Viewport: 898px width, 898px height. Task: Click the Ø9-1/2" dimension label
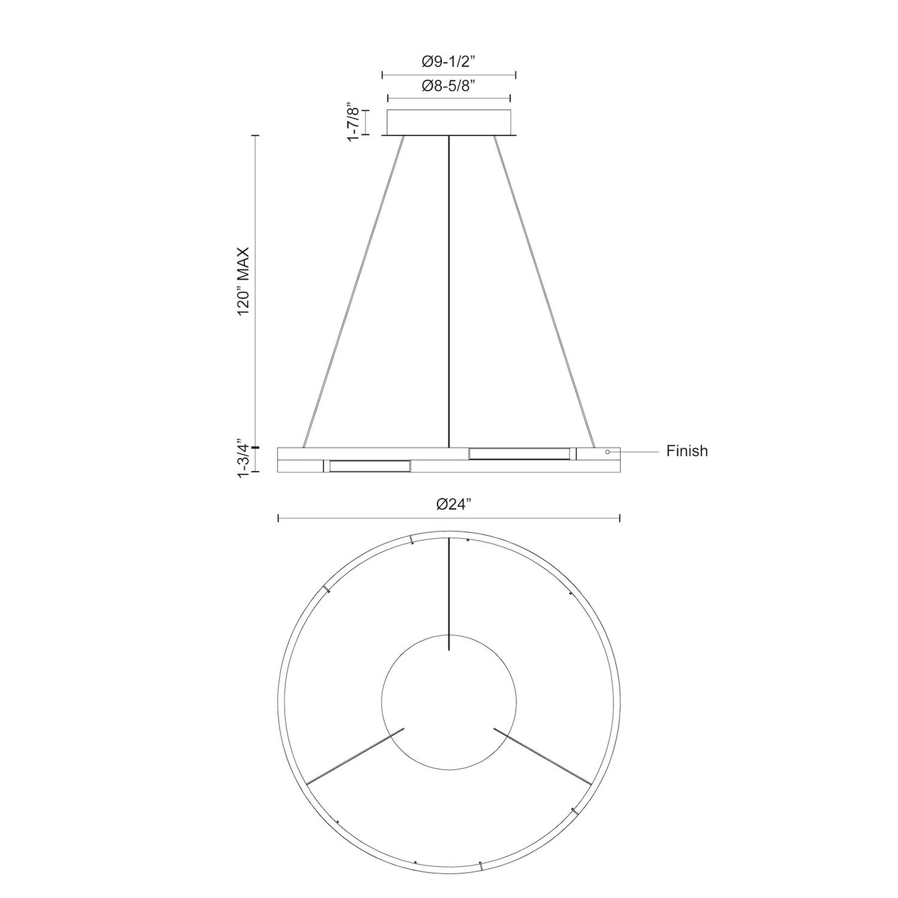(x=448, y=62)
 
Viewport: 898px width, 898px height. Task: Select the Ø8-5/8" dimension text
(x=448, y=86)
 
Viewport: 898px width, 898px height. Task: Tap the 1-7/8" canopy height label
(x=354, y=122)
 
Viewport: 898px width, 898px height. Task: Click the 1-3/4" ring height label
(x=243, y=459)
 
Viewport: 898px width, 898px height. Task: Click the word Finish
(x=687, y=451)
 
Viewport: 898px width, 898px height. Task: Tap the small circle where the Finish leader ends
(x=608, y=452)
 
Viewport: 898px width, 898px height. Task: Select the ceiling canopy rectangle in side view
(x=449, y=122)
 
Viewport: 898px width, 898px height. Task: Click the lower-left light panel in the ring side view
(x=369, y=466)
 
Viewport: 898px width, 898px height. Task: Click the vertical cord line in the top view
(x=449, y=594)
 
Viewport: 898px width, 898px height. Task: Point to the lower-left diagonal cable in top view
(x=356, y=755)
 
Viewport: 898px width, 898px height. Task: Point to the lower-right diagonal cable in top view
(x=542, y=756)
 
